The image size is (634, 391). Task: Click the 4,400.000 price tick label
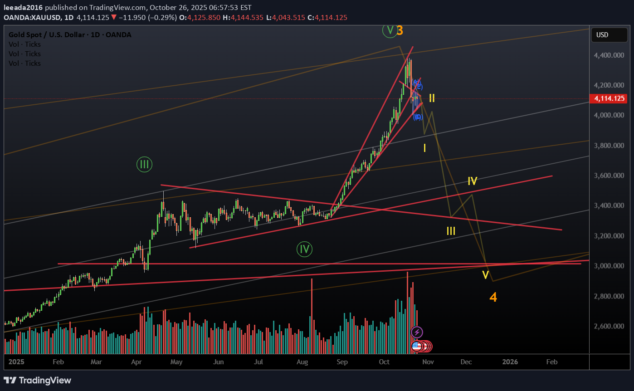click(x=609, y=55)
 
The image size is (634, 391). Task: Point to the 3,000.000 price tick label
click(x=609, y=266)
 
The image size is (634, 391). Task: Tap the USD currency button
click(x=602, y=35)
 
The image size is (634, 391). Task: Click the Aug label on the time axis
click(x=302, y=362)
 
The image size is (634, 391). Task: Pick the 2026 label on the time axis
click(x=510, y=362)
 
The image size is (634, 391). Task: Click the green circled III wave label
click(x=144, y=164)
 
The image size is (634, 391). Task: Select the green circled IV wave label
click(x=305, y=249)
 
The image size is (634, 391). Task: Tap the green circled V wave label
click(x=390, y=30)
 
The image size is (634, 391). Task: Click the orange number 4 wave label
click(x=493, y=298)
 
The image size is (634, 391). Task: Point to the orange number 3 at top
click(x=400, y=30)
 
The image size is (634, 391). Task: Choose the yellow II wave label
click(x=432, y=98)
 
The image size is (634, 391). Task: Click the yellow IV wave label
click(x=473, y=181)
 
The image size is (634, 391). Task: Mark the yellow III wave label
click(x=451, y=231)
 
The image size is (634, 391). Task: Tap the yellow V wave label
click(x=485, y=275)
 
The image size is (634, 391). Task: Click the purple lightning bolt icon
click(x=417, y=332)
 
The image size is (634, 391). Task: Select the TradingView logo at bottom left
click(x=38, y=380)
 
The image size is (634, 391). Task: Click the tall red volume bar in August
click(x=312, y=316)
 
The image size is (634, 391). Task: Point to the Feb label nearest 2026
click(x=551, y=362)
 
